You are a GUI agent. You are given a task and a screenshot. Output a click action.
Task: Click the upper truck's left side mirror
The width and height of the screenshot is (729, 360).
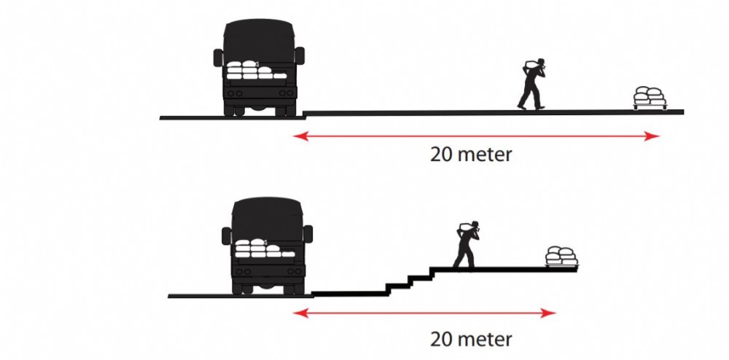pos(218,58)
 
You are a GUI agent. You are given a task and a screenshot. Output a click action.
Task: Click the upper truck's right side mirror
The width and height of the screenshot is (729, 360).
pos(300,55)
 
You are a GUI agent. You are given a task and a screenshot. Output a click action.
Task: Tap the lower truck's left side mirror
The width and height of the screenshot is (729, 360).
pos(227,235)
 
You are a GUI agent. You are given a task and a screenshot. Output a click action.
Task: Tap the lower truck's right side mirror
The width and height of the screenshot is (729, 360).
pos(308,234)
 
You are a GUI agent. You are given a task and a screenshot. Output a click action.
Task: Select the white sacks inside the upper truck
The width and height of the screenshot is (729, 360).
pos(256,70)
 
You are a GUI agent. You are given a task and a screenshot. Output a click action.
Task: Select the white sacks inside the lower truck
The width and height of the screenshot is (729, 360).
pos(265,248)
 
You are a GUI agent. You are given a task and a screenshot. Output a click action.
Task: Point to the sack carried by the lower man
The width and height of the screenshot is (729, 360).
pos(465,227)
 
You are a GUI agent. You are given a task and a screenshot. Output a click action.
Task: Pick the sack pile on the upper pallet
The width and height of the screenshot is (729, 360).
pos(650,96)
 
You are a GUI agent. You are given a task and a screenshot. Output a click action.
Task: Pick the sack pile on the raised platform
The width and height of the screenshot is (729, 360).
pos(561,256)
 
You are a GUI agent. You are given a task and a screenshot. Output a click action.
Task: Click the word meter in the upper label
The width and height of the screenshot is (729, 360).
pos(485,155)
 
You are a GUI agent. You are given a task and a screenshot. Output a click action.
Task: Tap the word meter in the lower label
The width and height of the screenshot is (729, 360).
pos(485,340)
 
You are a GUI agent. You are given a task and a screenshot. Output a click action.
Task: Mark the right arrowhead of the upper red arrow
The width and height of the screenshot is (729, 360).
pos(652,136)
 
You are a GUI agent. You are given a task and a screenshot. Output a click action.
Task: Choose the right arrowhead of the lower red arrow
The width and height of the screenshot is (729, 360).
pos(549,313)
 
